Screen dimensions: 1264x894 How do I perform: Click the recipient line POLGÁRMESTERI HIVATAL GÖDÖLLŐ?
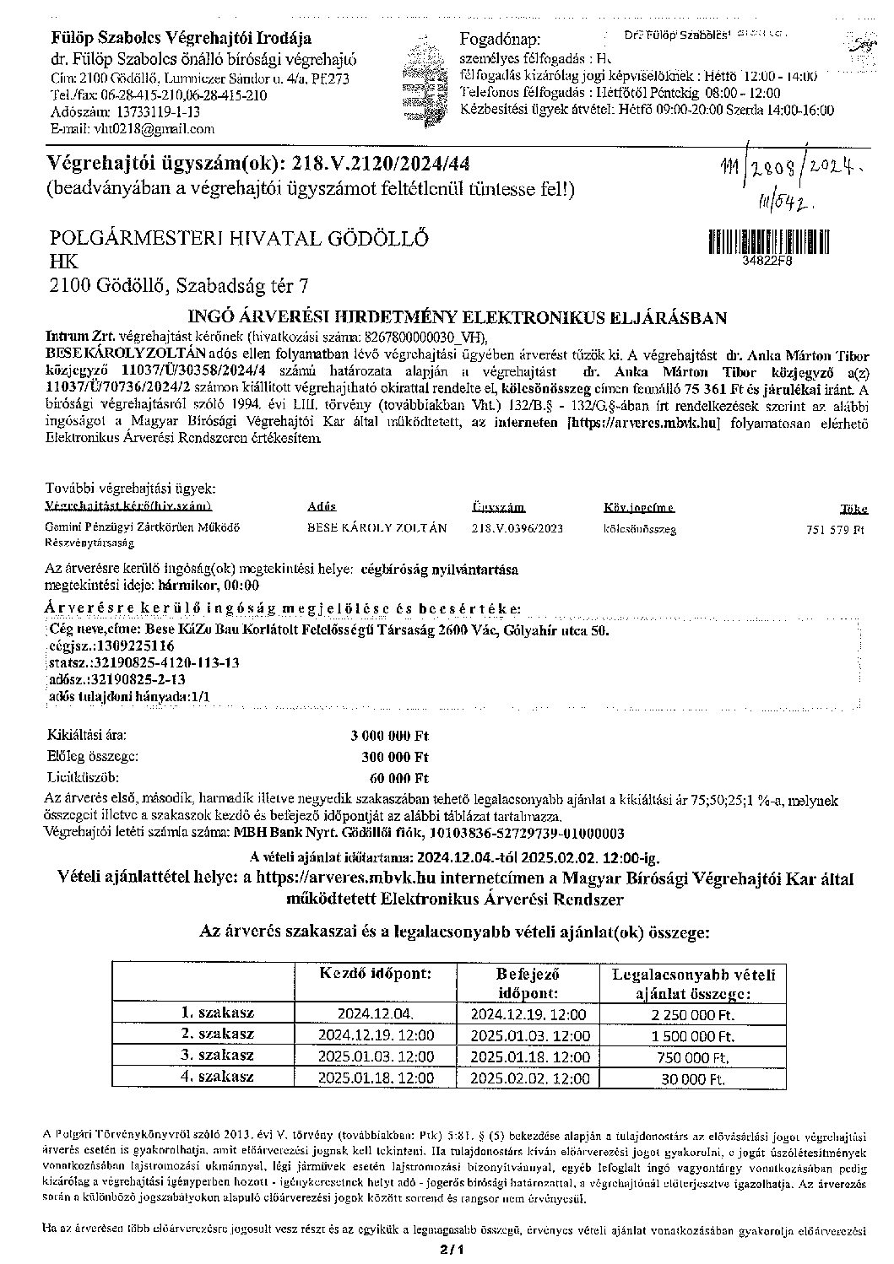coord(240,238)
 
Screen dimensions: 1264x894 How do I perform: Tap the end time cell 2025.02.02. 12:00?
coord(530,1078)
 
